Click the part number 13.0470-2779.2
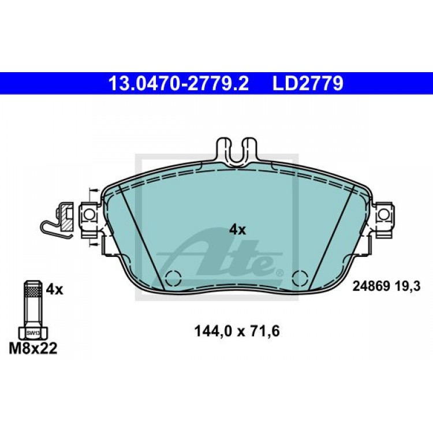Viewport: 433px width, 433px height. click(178, 83)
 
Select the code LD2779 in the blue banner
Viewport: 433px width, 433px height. click(308, 83)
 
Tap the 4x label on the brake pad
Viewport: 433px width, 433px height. click(237, 230)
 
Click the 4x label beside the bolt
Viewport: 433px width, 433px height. click(54, 290)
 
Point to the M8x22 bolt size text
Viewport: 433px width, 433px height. click(33, 349)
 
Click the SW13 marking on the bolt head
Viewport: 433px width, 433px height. click(33, 333)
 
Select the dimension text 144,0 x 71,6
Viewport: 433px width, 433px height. click(237, 331)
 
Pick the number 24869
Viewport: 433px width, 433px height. click(371, 286)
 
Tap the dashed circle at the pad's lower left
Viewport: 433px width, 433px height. click(173, 278)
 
